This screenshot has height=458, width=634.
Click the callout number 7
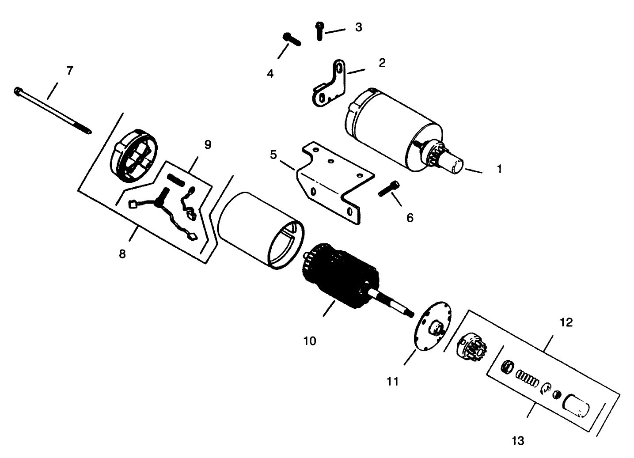pyautogui.click(x=70, y=70)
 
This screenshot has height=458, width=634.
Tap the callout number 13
pyautogui.click(x=518, y=441)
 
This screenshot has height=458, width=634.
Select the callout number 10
pyautogui.click(x=310, y=341)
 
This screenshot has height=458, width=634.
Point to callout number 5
pyautogui.click(x=273, y=155)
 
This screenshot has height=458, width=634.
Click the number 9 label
pyautogui.click(x=208, y=144)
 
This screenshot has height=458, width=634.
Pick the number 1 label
pyautogui.click(x=500, y=169)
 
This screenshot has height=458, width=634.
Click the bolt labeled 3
pyautogui.click(x=319, y=31)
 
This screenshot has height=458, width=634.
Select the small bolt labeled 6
pyautogui.click(x=389, y=189)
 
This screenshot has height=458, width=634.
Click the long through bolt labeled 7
pyautogui.click(x=53, y=110)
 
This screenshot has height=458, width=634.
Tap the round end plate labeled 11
pyautogui.click(x=433, y=326)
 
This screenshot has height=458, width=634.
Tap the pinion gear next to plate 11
pyautogui.click(x=472, y=348)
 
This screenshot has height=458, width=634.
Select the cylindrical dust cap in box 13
pyautogui.click(x=576, y=406)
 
